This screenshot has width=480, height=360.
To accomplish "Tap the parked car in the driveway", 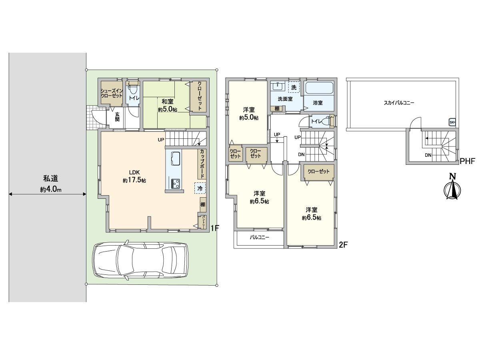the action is tap(140, 260).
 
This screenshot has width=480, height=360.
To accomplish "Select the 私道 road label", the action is tap(50, 178).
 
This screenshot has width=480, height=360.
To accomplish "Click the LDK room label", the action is tap(134, 172).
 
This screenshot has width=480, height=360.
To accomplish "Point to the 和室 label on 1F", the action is tap(168, 102).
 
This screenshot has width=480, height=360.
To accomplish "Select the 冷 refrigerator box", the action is tap(200, 188).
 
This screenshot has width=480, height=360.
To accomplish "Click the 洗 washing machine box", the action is tap(294, 88).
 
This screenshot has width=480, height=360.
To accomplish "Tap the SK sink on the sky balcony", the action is tap(452, 122).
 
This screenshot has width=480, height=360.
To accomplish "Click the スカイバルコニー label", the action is tap(399, 103).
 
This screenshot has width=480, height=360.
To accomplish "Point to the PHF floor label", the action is tap(467, 161).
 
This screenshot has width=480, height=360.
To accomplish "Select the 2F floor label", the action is tap(343, 245).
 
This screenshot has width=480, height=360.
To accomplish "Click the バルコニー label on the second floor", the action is tap(259, 237).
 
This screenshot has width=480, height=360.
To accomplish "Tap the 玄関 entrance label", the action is tap(117, 117).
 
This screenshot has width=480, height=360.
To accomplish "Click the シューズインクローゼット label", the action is tap(112, 93).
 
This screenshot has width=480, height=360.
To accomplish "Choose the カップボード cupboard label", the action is tap(202, 164).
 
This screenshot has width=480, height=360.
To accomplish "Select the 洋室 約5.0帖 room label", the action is tap(249, 114).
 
